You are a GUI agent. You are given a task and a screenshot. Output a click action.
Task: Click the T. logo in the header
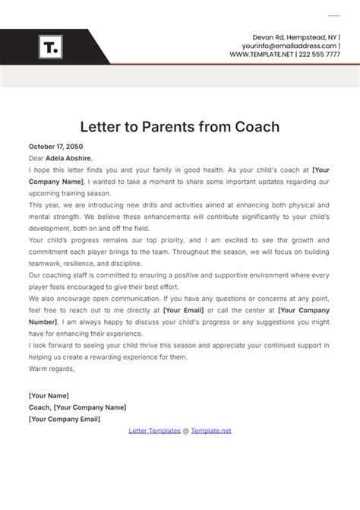pyautogui.click(x=51, y=47)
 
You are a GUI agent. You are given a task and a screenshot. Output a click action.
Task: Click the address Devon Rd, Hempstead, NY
pyautogui.click(x=296, y=37)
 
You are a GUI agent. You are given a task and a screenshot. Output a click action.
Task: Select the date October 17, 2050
pyautogui.click(x=55, y=146)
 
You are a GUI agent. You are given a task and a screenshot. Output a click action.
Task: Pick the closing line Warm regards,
pyautogui.click(x=52, y=369)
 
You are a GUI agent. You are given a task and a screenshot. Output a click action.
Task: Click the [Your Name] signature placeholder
pyautogui.click(x=49, y=395)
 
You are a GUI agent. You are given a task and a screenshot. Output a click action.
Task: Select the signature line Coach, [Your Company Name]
pyautogui.click(x=77, y=407)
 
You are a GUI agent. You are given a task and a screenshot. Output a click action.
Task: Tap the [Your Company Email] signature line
pyautogui.click(x=64, y=418)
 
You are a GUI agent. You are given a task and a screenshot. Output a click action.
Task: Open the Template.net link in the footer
pyautogui.click(x=210, y=430)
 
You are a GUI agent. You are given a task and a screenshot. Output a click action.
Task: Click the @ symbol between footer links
pyautogui.click(x=185, y=430)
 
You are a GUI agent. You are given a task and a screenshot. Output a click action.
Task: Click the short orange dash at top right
pyautogui.click(x=333, y=15)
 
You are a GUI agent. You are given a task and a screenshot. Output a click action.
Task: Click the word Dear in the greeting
pyautogui.click(x=36, y=158)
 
